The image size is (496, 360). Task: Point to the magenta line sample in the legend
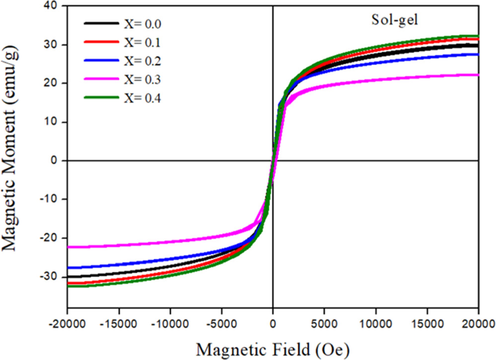pyautogui.click(x=101, y=79)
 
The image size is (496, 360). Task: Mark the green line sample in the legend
pyautogui.click(x=101, y=98)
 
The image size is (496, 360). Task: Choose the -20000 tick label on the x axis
pyautogui.click(x=68, y=322)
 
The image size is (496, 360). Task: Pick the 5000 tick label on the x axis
pyautogui.click(x=324, y=322)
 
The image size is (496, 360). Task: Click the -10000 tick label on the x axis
pyautogui.click(x=170, y=322)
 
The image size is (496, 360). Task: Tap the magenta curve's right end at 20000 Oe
pyautogui.click(x=477, y=75)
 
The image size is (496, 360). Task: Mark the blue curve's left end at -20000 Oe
pyautogui.click(x=69, y=268)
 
